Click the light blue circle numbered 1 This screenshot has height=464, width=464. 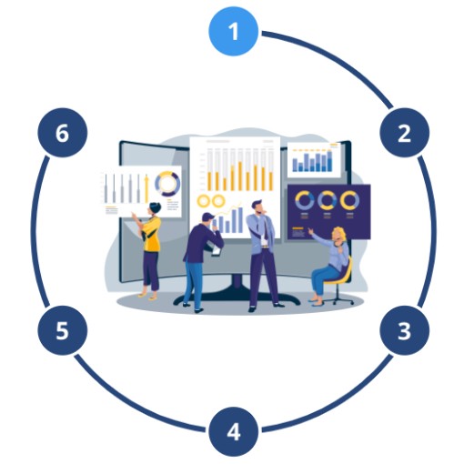tap(233, 31)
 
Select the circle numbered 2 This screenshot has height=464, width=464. tap(404, 133)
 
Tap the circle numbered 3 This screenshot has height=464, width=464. tap(404, 330)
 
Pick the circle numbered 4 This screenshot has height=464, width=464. tap(233, 431)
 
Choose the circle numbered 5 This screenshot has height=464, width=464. tap(63, 330)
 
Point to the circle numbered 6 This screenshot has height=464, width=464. tap(63, 133)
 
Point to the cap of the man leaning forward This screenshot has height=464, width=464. tap(207, 216)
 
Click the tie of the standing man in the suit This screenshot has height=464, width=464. tap(266, 228)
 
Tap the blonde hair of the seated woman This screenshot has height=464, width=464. tap(339, 235)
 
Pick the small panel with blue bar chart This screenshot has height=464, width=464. tap(314, 159)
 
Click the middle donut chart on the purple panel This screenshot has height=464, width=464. tap(328, 200)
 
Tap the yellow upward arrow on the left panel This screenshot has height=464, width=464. tap(146, 188)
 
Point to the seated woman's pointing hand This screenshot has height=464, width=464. tap(310, 231)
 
